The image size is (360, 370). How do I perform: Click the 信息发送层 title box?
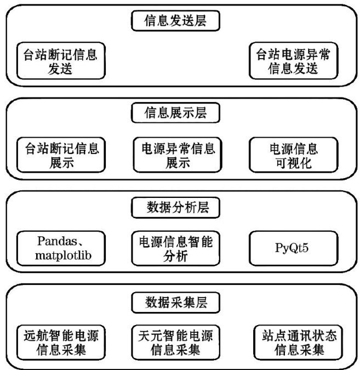click(x=175, y=21)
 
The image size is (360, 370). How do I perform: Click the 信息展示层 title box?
click(x=175, y=113)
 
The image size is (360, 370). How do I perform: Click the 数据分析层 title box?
click(x=175, y=208)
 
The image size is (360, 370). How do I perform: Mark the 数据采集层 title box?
click(x=175, y=302)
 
